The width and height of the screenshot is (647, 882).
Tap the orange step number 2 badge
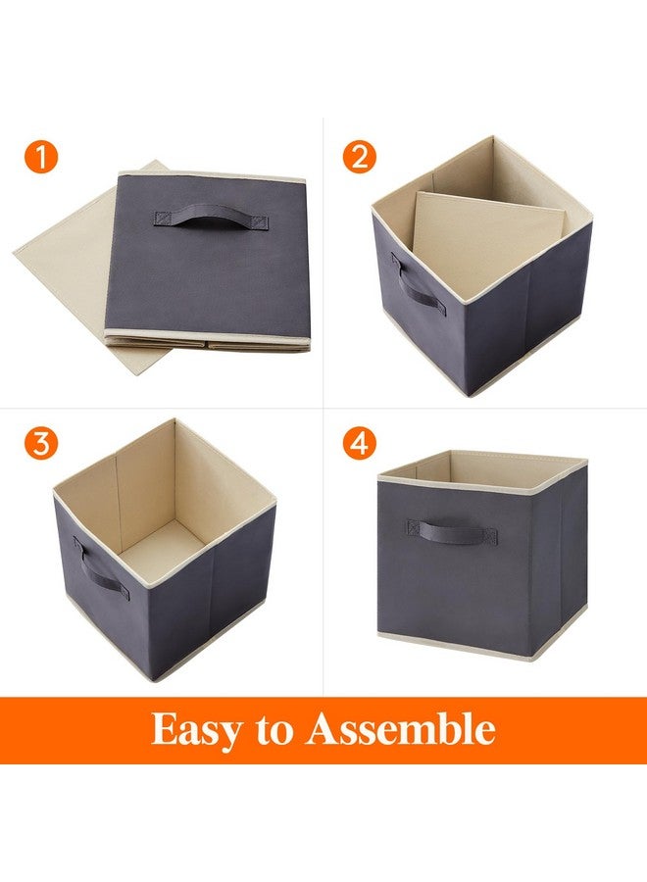coord(359,158)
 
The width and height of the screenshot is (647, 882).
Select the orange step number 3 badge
coord(41,443)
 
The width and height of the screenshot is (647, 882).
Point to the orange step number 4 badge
coord(360,443)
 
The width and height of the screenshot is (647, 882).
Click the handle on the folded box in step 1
coord(198,215)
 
